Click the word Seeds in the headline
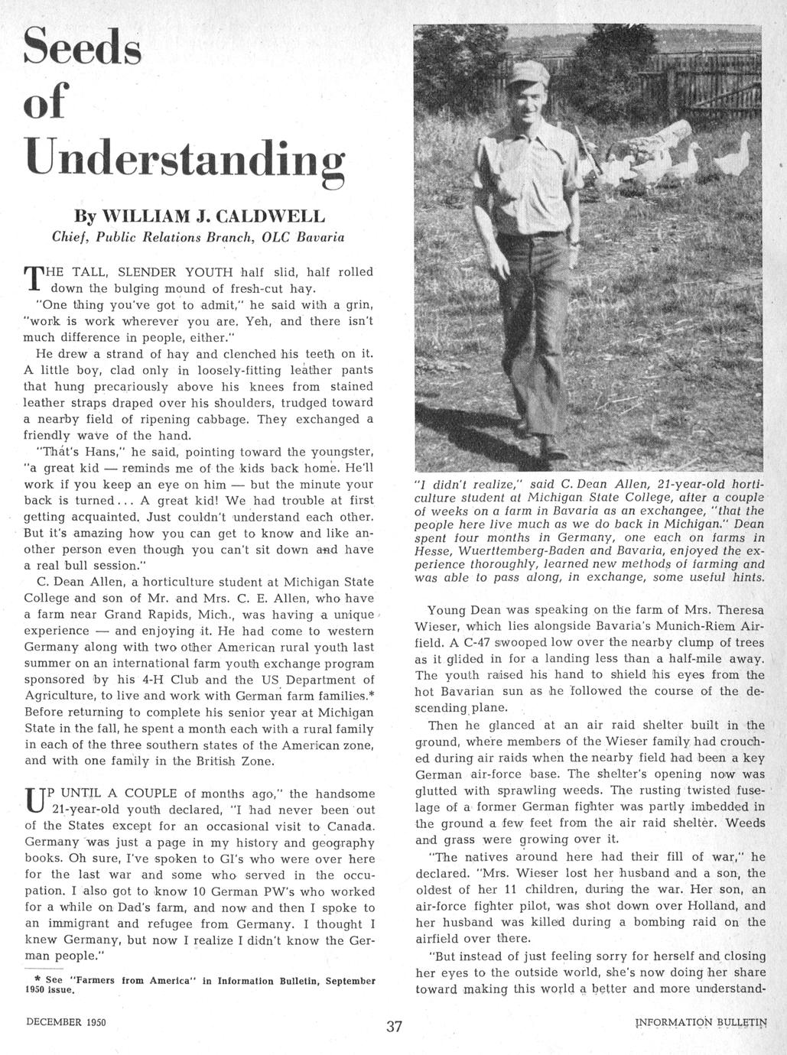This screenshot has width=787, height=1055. [x=83, y=48]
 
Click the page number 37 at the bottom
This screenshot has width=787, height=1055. [x=394, y=1026]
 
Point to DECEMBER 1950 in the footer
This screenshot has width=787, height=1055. [x=66, y=1022]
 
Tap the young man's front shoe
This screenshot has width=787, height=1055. [x=551, y=446]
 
